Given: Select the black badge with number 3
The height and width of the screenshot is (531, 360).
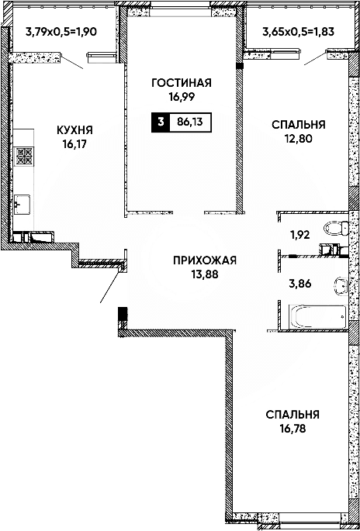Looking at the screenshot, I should pos(161,122).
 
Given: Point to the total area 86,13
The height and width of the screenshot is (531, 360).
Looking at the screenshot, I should pos(189,122).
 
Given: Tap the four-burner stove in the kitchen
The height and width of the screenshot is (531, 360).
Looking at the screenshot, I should pos(25,157).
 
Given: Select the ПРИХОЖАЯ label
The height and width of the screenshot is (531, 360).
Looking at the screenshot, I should pos(204,260).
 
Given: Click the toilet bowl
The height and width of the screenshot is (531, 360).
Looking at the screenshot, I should pos(335,229).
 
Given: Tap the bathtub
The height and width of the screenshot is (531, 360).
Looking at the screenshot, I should pos(317,316).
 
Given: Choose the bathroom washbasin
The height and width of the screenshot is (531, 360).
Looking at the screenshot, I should pos(339,284).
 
